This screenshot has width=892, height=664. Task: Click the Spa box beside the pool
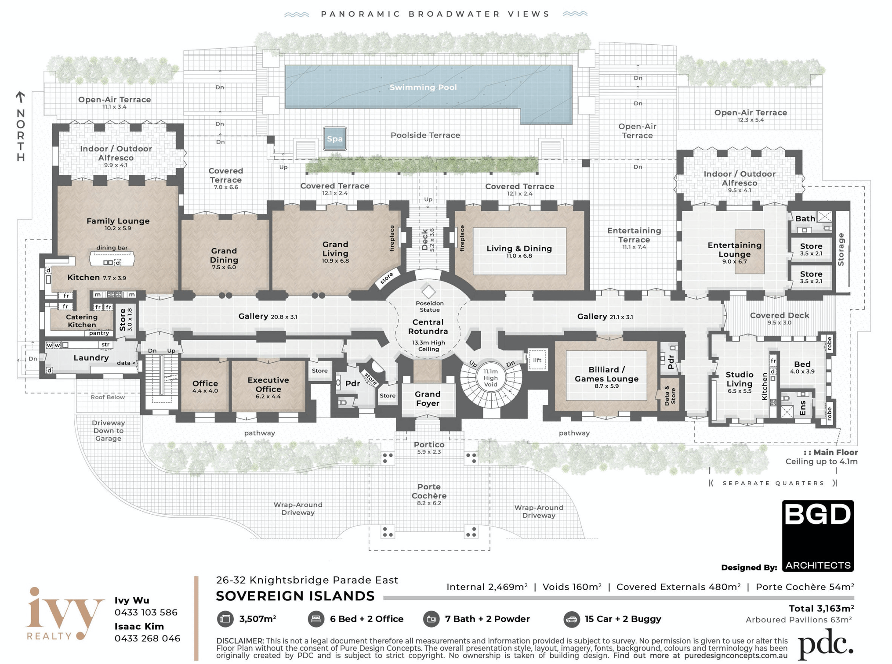coord(334,139)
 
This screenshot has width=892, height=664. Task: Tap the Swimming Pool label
coord(423,87)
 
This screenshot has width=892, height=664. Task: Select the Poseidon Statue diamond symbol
coord(428,292)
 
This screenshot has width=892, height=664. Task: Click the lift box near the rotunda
coord(537,360)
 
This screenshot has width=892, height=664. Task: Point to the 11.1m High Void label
coord(490,378)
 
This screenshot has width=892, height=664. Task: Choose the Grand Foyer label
coord(428,399)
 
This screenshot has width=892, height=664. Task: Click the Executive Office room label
coord(268,385)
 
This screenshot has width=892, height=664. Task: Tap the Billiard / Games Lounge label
coord(606,374)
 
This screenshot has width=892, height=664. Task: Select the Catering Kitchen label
coord(82,321)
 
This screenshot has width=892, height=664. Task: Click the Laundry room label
coord(91,357)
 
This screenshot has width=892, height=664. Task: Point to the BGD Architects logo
coord(818,536)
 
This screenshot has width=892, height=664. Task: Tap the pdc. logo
coord(825,644)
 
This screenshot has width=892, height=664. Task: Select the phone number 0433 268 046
coord(148,638)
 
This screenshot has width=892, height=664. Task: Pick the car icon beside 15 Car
coord(571,619)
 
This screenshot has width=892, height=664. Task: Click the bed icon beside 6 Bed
coord(316,619)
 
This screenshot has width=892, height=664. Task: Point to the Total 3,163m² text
coord(821,608)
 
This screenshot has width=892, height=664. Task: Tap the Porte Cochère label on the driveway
coord(429,491)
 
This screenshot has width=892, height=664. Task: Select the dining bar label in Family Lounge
coord(112,248)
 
